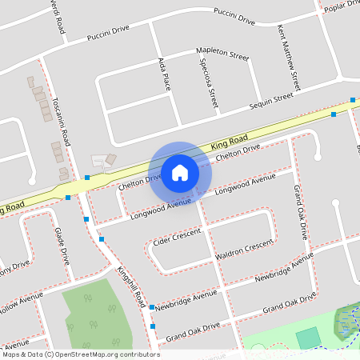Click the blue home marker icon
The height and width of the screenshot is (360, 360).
click(180, 172)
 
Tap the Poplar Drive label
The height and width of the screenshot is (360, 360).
click(340, 6)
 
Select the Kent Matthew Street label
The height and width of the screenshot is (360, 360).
click(288, 57)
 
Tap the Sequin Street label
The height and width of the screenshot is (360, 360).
click(272, 100)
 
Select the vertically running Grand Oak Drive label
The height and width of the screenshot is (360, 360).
click(301, 212)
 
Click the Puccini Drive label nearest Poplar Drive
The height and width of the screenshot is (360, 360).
click(234, 17)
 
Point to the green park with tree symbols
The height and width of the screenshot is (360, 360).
click(94, 312)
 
